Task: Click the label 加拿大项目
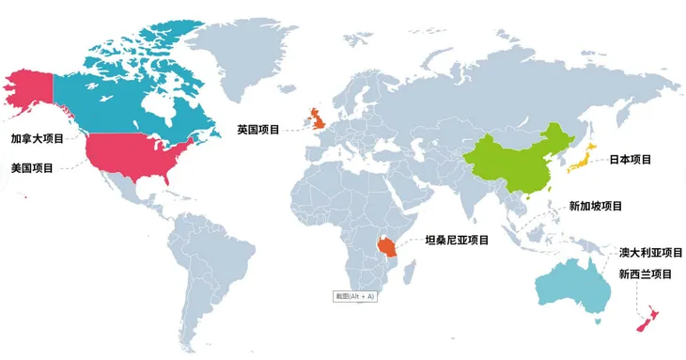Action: (37, 139)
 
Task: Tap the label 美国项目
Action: (31, 167)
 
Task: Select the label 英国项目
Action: (258, 130)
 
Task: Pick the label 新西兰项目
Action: (646, 274)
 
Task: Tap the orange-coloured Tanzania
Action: (386, 247)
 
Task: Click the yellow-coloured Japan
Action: (581, 160)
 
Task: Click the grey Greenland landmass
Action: (235, 47)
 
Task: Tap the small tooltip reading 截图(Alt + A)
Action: (354, 296)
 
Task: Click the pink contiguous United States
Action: (141, 155)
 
